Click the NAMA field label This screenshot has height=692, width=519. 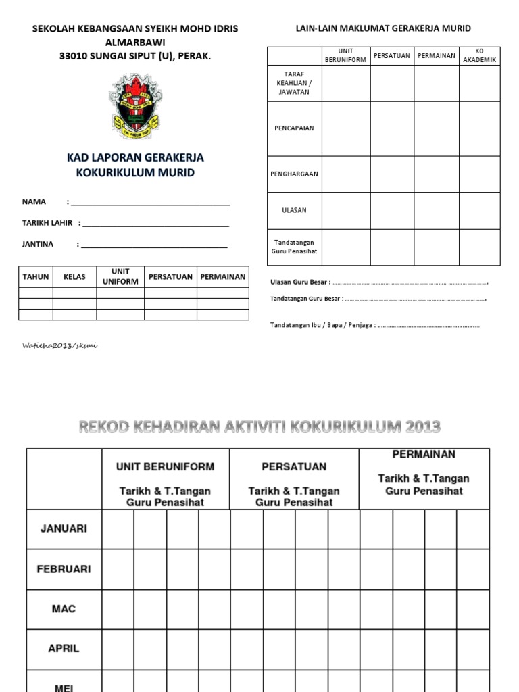34,202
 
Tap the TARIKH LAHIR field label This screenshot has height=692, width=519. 47,223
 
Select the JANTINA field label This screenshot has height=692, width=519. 38,244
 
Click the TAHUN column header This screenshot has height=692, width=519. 36,277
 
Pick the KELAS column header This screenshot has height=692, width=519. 74,277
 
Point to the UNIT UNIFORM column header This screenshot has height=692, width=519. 120,277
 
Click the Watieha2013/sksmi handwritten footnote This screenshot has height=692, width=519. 60,345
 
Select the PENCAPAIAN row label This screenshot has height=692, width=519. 293,128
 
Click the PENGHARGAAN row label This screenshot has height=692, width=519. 293,174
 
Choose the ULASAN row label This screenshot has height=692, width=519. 293,210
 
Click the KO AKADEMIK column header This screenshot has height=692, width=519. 479,56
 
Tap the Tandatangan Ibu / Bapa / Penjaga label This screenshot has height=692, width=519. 322,325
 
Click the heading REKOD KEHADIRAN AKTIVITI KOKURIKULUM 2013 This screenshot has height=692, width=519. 259,426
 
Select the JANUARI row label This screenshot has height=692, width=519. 64,529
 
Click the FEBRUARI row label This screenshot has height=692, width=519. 64,569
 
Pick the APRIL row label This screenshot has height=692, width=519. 64,648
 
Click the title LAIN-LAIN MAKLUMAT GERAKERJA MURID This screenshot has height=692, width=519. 383,28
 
